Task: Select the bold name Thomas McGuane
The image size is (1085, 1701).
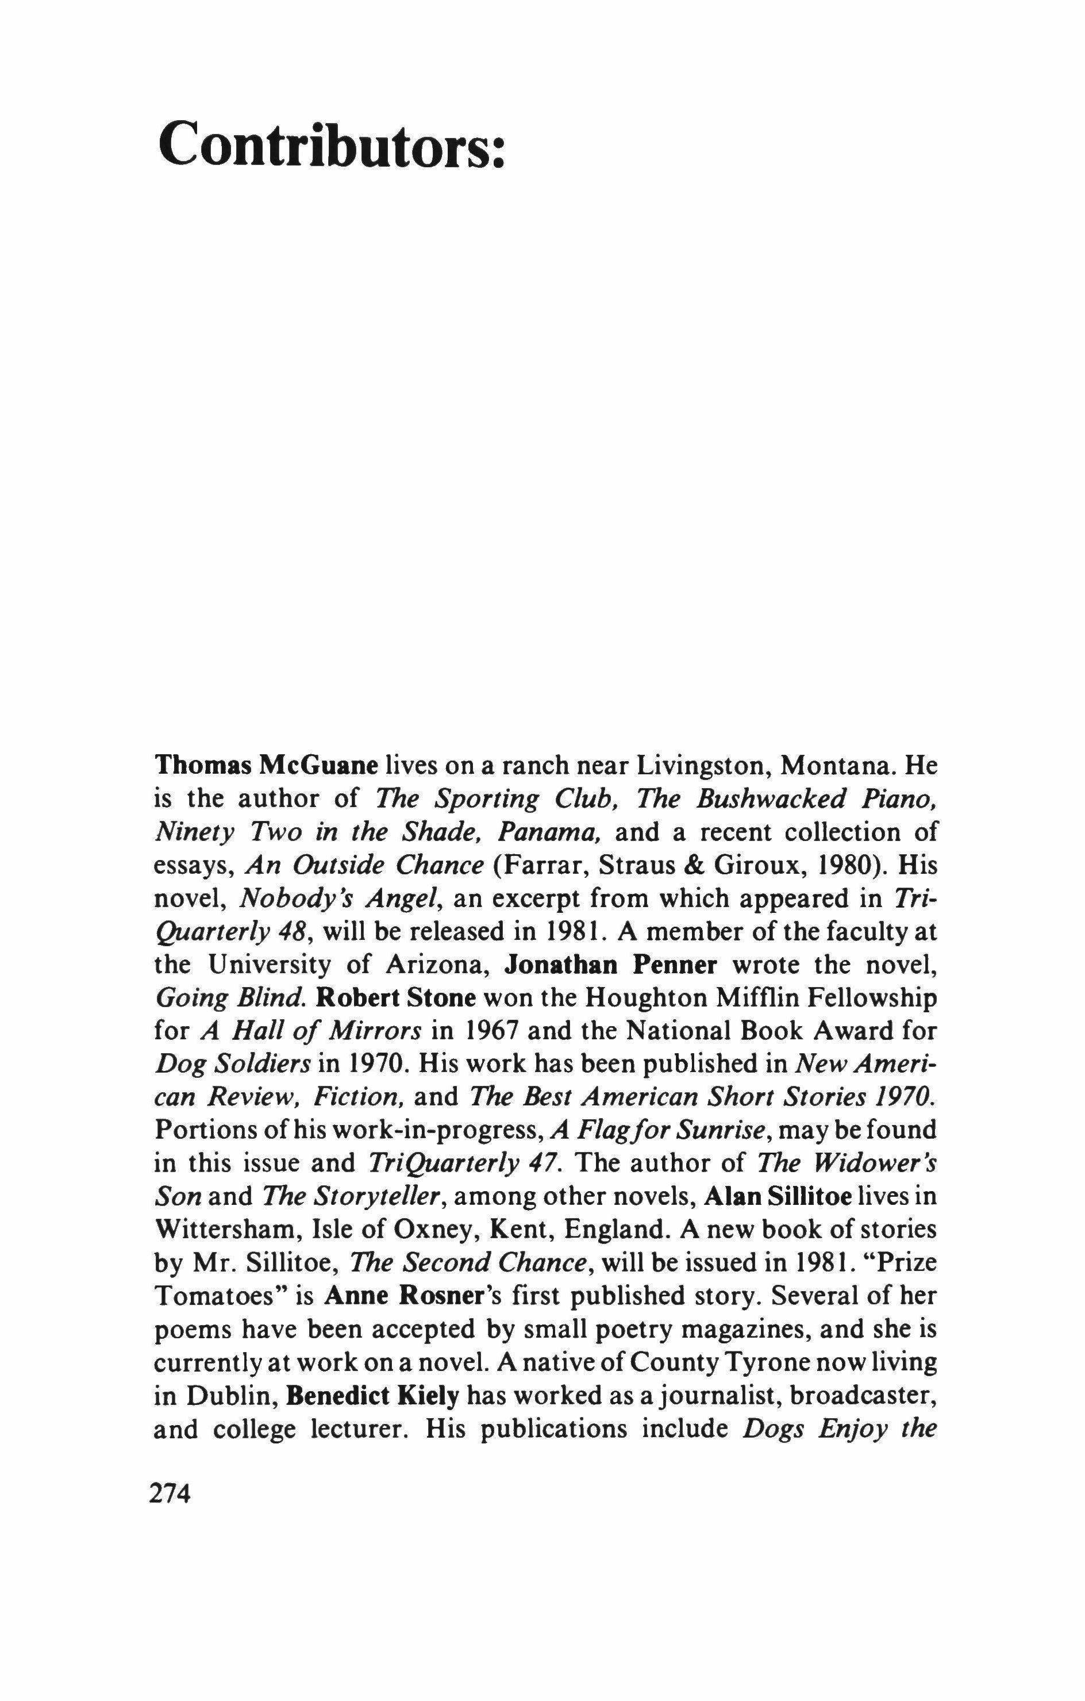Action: (267, 765)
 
